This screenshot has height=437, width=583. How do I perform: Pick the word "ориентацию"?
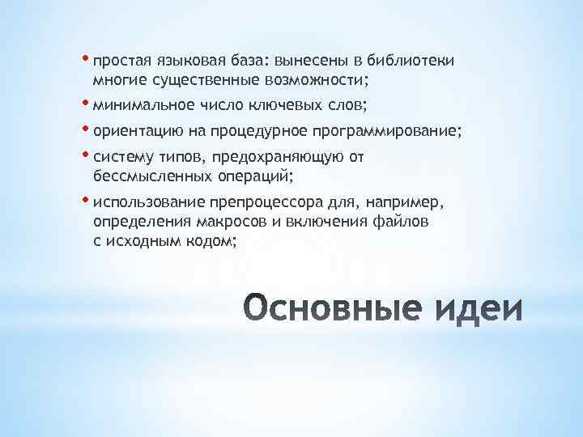(135, 131)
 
